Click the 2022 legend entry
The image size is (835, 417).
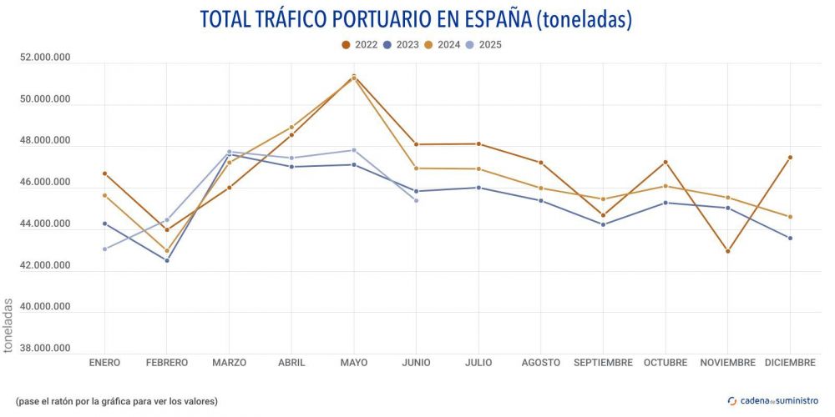(360, 45)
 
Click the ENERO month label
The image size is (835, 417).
(104, 363)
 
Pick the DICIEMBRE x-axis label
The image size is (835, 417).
(790, 363)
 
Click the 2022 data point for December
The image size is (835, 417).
(790, 158)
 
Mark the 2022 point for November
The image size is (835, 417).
(727, 251)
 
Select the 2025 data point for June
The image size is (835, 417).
(416, 200)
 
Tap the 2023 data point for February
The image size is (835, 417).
(167, 260)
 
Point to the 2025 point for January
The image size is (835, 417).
(104, 249)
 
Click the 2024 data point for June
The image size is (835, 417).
(416, 168)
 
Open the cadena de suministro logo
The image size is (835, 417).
(773, 400)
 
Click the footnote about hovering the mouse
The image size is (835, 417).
(116, 401)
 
